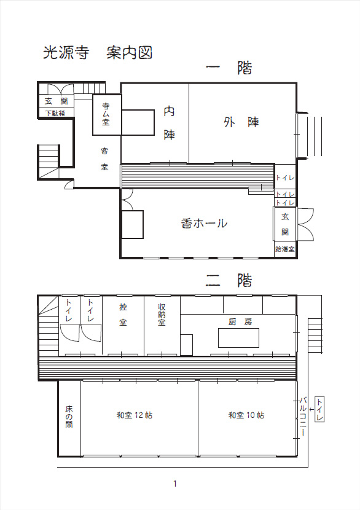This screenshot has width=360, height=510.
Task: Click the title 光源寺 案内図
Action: click(98, 53)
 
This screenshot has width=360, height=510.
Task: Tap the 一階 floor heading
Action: click(229, 68)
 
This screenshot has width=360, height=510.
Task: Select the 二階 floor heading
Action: click(229, 280)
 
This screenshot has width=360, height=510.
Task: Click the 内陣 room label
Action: click(169, 123)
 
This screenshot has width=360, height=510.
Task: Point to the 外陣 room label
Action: click(241, 122)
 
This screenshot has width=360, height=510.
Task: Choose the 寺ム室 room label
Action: click(106, 114)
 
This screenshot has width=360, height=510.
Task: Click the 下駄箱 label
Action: click(55, 113)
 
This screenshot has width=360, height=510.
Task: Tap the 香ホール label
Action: click(204, 224)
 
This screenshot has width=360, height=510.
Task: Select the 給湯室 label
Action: click(285, 249)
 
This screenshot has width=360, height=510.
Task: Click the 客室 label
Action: click(104, 159)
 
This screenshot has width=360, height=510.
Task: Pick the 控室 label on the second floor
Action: click(123, 315)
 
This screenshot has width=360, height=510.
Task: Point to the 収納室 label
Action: click(162, 315)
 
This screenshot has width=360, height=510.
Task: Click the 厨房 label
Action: click(240, 322)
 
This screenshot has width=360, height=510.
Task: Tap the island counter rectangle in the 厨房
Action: click(239, 338)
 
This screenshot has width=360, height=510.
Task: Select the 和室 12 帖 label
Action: click(135, 415)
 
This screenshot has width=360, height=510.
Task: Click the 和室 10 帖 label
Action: click(246, 415)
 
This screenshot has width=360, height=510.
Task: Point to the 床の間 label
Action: click(69, 417)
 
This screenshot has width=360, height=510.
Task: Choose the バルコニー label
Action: click(302, 417)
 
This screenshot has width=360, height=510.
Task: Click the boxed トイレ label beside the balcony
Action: click(320, 409)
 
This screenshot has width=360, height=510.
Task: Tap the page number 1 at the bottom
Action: click(175, 484)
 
